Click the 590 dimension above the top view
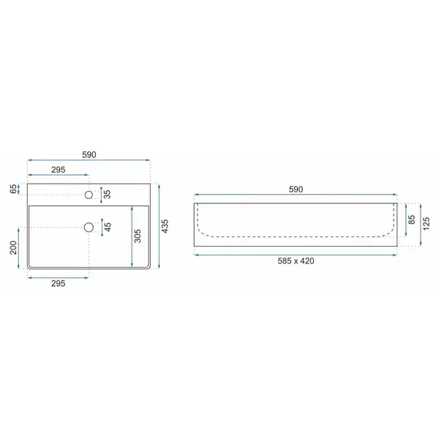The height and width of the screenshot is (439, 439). (89, 154)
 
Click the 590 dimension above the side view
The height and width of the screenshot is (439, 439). (296, 190)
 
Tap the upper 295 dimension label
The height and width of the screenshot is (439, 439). (59, 170)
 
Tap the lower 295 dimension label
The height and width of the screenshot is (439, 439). (59, 284)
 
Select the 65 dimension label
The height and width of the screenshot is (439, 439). (13, 189)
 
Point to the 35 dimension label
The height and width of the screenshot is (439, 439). (108, 195)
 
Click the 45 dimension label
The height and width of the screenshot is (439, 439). (108, 227)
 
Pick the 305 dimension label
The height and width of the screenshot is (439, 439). (138, 236)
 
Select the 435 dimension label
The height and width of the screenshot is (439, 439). (165, 226)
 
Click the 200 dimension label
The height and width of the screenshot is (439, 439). (13, 247)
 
